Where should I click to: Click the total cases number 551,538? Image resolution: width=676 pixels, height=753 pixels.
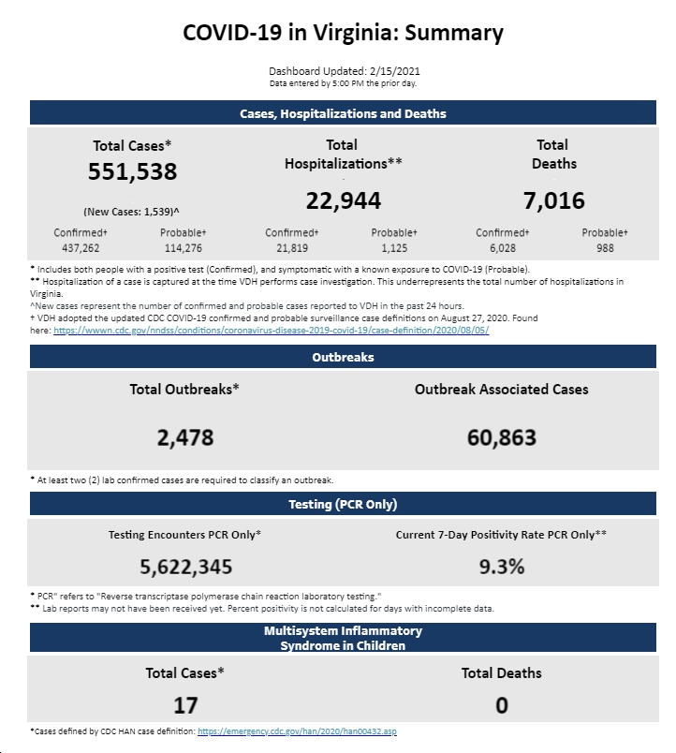[x=133, y=171]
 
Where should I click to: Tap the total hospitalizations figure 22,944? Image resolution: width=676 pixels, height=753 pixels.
[x=344, y=200]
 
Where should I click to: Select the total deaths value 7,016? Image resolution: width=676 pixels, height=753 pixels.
[x=554, y=200]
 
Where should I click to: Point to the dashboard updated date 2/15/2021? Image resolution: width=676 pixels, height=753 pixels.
[x=395, y=71]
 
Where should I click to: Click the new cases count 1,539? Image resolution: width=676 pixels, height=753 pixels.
[x=158, y=212]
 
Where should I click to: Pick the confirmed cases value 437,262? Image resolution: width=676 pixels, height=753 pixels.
[x=81, y=248]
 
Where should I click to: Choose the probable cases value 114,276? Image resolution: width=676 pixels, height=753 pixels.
[x=183, y=248]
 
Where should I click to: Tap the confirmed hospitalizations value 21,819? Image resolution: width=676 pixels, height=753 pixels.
[x=292, y=248]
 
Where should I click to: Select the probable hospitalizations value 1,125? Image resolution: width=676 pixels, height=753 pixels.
[x=394, y=248]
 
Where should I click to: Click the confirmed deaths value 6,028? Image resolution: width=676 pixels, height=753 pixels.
[x=503, y=248]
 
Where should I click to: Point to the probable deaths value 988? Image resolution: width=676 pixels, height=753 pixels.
[x=605, y=248]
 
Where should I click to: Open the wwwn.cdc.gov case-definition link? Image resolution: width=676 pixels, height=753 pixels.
[x=272, y=331]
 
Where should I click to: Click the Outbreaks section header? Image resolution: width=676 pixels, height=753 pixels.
[x=343, y=357]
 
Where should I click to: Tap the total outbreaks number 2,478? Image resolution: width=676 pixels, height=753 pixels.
[x=185, y=437]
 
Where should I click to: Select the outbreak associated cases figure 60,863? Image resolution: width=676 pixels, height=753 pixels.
[x=502, y=437]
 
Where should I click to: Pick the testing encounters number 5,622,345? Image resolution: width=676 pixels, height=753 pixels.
[x=185, y=567]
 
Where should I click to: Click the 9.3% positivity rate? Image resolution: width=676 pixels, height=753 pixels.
[x=502, y=567]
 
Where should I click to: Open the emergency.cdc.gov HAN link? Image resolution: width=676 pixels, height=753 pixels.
[x=297, y=731]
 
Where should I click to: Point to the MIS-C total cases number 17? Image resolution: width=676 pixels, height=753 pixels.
[x=185, y=705]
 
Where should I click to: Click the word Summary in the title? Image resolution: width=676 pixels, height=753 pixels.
[x=454, y=33]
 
